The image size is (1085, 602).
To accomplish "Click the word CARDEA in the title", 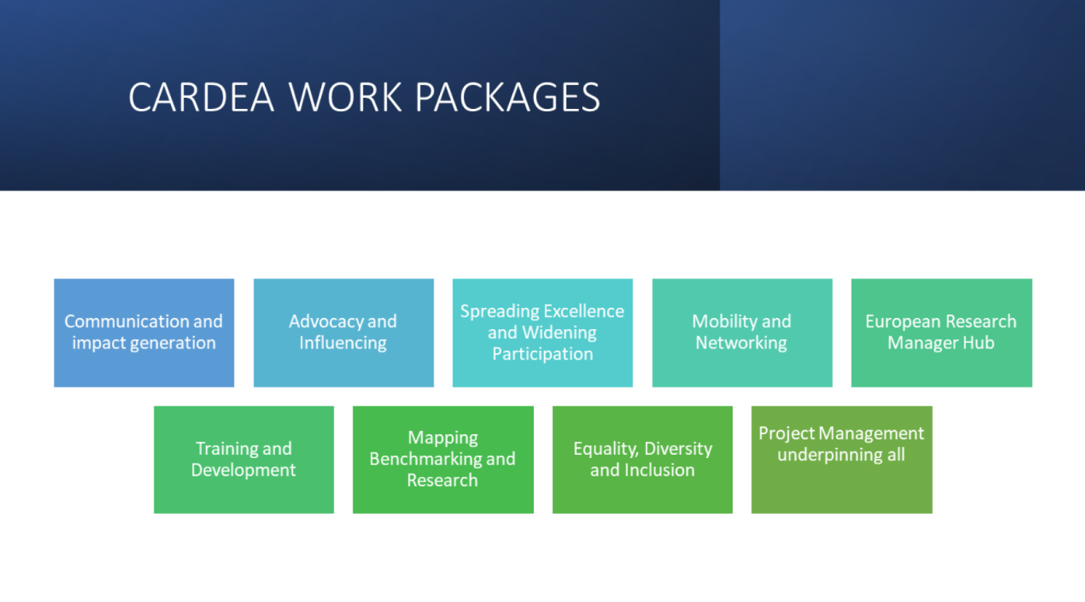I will tap(200, 97).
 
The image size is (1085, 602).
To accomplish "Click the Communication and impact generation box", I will tap(144, 332).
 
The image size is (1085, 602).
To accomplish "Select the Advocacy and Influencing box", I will tap(344, 332).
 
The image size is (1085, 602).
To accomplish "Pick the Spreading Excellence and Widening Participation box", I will tap(542, 332).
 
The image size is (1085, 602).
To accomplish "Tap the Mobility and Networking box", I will tap(742, 332).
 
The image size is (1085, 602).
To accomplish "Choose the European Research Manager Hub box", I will tap(941, 332).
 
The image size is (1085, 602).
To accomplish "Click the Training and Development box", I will tap(243, 460).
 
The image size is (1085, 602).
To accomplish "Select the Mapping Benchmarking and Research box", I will tap(443, 460).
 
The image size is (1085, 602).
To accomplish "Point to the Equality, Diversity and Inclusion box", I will tap(643, 460).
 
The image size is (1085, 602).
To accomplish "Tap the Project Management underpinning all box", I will tap(842, 460).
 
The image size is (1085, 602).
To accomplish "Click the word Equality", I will tap(606, 449).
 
